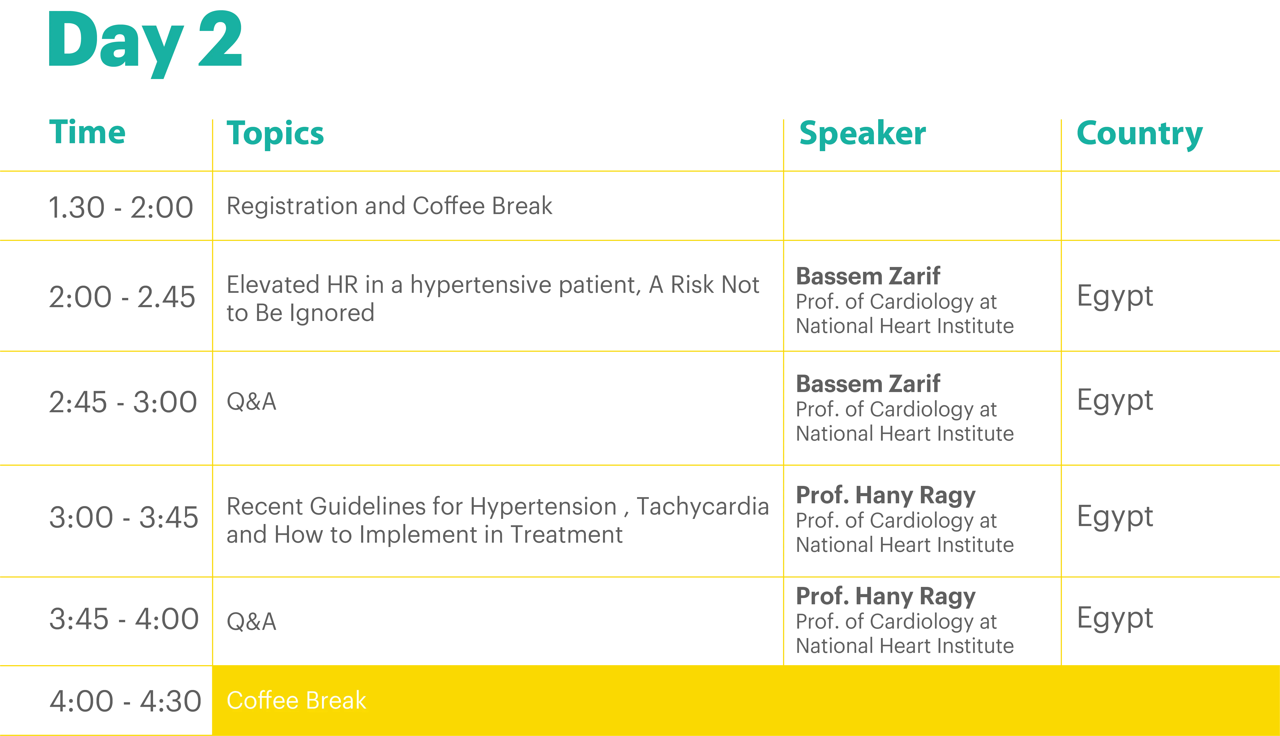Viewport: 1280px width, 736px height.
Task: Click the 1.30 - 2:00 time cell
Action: click(x=121, y=207)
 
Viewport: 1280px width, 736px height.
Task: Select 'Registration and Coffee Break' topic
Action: click(x=389, y=206)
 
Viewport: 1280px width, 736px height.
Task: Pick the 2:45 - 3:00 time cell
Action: click(x=123, y=402)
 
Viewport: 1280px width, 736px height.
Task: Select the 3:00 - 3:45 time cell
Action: click(x=123, y=518)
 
